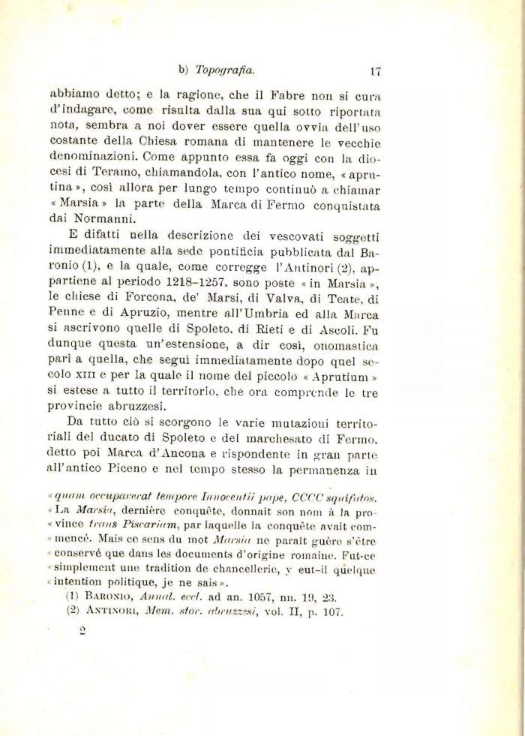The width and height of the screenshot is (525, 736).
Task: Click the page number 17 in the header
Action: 376,72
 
